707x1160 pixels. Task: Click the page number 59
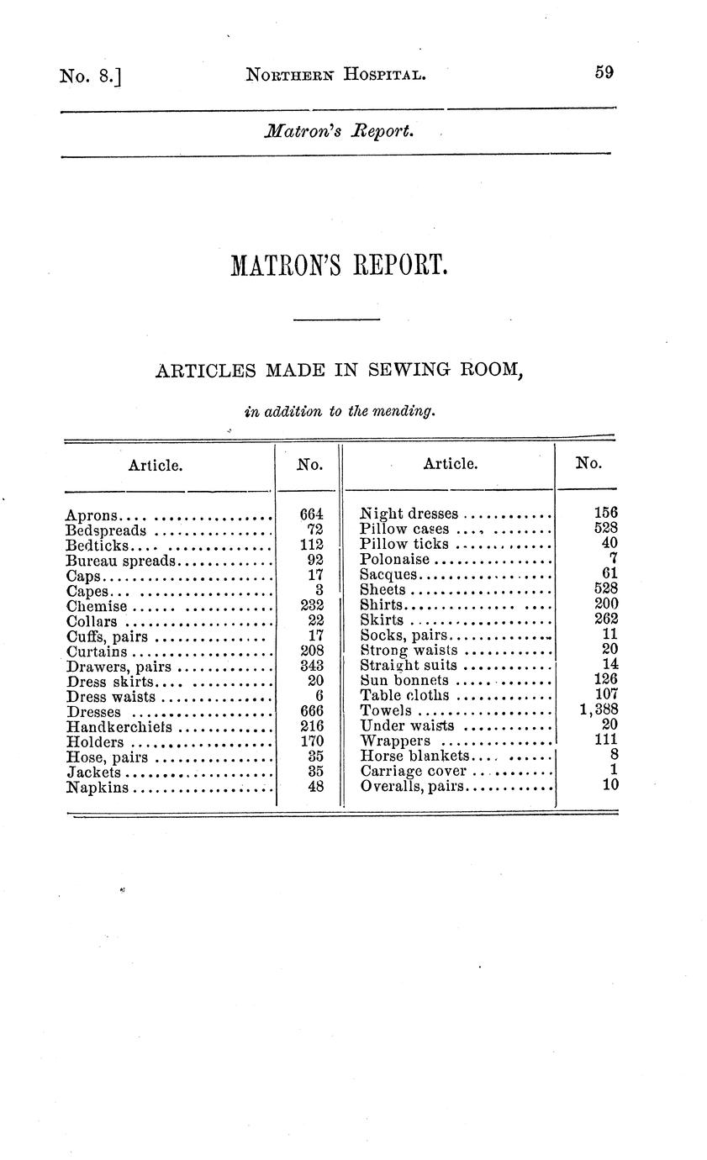coord(604,72)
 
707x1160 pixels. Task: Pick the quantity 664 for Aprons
coord(312,514)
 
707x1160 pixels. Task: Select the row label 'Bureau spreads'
coord(120,561)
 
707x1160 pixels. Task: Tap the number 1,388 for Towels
coord(599,711)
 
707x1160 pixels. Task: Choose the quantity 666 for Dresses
coord(312,711)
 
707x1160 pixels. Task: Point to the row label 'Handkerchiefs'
coord(119,726)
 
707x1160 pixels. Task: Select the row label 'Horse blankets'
coord(413,756)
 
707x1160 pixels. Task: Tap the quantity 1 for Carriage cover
coord(615,770)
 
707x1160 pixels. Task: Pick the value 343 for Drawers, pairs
coord(312,666)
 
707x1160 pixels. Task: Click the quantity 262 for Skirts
coord(605,620)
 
